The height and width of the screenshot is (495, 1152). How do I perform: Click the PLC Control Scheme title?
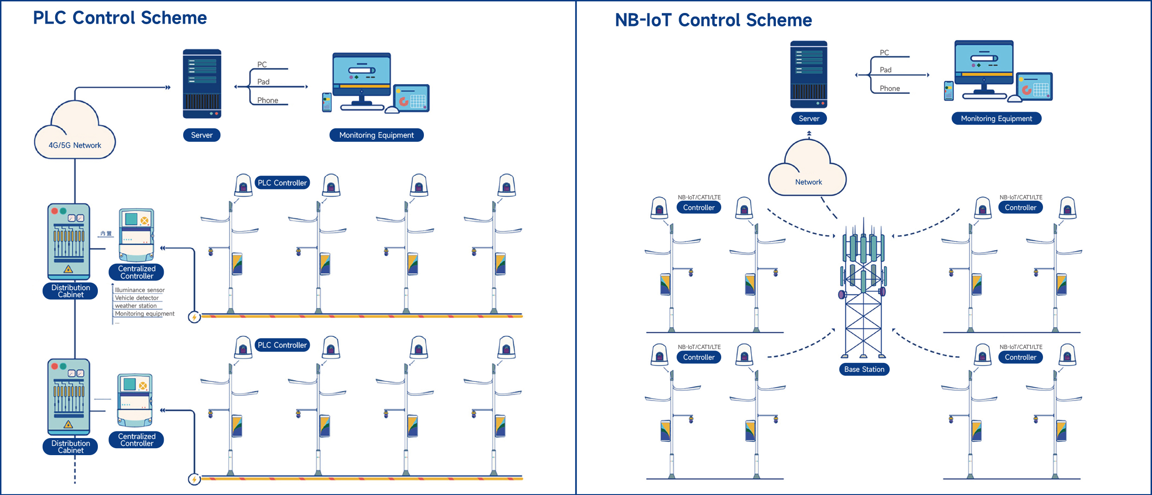coord(120,18)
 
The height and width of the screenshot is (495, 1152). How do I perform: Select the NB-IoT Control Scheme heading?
coord(713,20)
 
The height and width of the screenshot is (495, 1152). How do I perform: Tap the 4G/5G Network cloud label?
coord(75,145)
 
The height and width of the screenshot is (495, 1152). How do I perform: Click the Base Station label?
coord(864,369)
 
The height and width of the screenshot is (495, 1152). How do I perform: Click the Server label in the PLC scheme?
coord(202,135)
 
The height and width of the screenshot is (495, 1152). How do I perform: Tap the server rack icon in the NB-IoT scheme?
coord(808,74)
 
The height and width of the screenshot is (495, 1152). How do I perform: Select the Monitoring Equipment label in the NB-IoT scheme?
coord(996,119)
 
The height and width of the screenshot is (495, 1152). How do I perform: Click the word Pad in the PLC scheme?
coord(263,82)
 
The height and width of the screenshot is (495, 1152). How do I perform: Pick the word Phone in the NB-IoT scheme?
coord(890,89)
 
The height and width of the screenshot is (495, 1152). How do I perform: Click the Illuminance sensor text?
coord(140,290)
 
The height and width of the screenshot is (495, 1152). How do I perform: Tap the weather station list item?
coord(136,306)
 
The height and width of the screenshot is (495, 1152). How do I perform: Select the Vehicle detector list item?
coord(137,298)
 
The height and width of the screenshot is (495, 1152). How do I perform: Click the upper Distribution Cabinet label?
coord(70,291)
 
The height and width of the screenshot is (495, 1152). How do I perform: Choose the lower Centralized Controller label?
coord(136,440)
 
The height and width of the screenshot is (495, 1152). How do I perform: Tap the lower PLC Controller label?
coord(282,345)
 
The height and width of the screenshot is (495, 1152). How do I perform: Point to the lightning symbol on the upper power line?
coord(194,317)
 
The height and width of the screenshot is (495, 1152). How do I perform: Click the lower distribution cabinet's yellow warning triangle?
coord(68,424)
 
